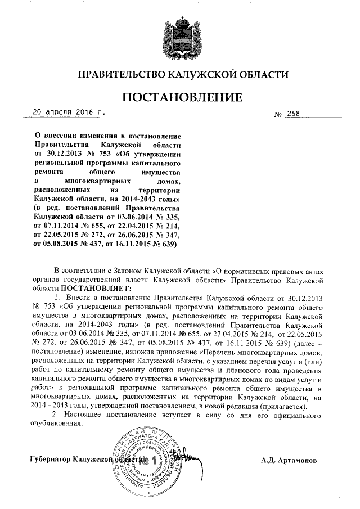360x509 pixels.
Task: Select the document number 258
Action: (x=293, y=115)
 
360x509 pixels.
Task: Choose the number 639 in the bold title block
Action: (x=168, y=245)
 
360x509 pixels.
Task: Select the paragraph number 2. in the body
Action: (x=55, y=415)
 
